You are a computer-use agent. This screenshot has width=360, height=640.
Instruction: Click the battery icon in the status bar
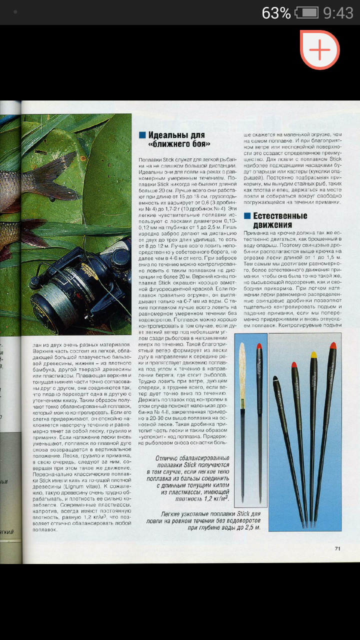(306, 12)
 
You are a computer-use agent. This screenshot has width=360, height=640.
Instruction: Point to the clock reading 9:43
(338, 12)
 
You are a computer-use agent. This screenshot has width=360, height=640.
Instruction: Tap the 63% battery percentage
(276, 12)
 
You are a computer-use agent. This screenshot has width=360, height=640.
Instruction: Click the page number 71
(337, 548)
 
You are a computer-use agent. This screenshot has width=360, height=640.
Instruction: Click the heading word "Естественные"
(280, 216)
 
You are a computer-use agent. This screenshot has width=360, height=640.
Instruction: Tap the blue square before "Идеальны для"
(142, 135)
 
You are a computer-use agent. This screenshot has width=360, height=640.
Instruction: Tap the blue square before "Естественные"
(246, 216)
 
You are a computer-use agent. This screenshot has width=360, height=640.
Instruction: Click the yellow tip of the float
(314, 355)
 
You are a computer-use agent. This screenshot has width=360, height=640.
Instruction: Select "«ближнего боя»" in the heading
(179, 144)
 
